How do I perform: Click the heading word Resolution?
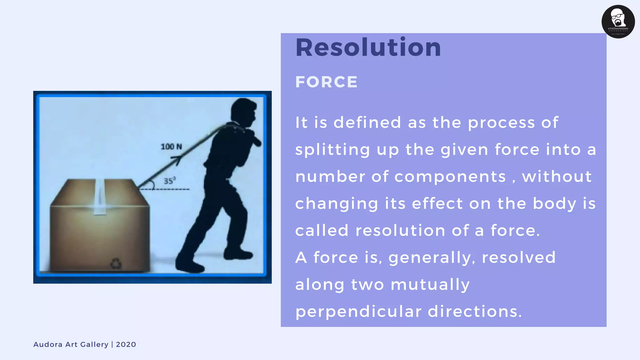click(x=368, y=47)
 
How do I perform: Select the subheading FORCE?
click(x=326, y=82)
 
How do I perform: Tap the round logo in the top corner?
click(x=618, y=22)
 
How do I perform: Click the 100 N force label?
click(x=171, y=147)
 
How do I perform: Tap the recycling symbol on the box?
click(x=116, y=263)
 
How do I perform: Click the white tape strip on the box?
click(x=99, y=197)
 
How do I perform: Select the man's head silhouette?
click(x=244, y=111)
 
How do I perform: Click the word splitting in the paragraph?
click(x=332, y=149)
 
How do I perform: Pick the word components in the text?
click(x=450, y=177)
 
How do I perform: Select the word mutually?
click(x=430, y=285)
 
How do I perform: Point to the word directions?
click(x=475, y=312)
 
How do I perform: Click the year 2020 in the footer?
click(x=126, y=344)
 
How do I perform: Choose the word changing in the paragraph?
click(x=337, y=204)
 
